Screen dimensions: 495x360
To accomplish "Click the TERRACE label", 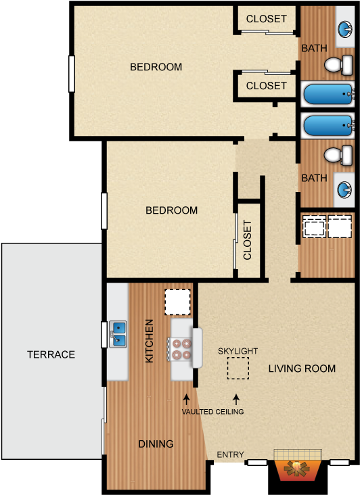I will [51, 354].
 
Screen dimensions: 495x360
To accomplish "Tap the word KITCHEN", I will [150, 341].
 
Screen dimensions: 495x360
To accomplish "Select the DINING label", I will [156, 444].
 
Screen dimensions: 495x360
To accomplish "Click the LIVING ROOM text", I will [302, 369].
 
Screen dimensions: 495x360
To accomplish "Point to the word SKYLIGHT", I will [238, 351].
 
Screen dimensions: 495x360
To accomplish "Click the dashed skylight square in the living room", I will [238, 368].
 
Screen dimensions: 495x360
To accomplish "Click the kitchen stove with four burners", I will [181, 348].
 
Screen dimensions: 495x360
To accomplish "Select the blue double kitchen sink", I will [118, 334].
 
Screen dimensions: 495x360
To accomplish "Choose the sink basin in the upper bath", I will [345, 30].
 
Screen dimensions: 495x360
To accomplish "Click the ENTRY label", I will [230, 455].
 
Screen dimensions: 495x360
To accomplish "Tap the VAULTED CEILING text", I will [212, 411].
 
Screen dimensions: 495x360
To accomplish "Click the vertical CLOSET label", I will [248, 240].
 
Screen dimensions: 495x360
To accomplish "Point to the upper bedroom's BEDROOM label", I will [156, 67].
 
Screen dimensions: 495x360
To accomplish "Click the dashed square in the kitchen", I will [177, 302].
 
